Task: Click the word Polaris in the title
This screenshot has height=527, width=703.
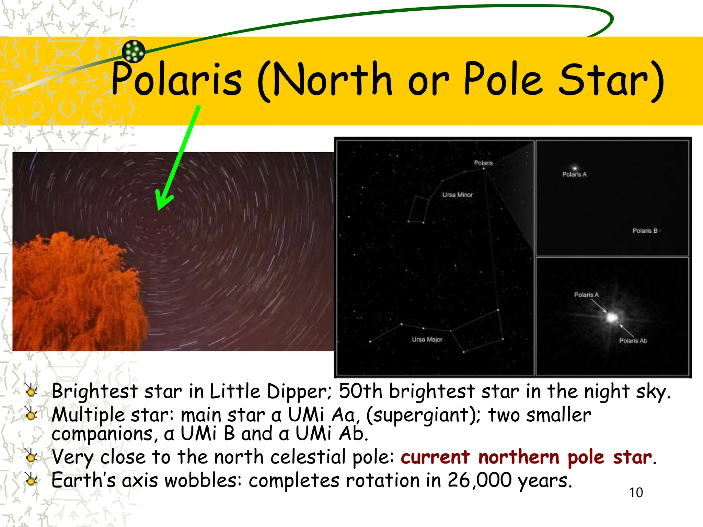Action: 177,80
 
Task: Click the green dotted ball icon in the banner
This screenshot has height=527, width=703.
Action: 134,51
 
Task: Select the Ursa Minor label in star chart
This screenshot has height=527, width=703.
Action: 457,195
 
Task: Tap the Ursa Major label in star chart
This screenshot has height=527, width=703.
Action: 427,339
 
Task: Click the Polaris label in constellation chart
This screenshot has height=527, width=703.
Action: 483,163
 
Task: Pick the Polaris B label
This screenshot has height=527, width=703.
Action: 645,231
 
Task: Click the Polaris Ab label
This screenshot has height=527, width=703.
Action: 633,341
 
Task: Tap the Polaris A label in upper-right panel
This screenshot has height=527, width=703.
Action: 574,175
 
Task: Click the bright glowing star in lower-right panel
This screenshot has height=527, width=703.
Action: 612,317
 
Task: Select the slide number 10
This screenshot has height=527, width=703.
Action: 636,493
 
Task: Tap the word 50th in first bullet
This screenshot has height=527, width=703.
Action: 360,391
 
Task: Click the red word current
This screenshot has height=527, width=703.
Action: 435,457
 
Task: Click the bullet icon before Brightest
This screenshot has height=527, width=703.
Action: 31,391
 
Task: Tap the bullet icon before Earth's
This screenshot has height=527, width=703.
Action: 31,480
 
